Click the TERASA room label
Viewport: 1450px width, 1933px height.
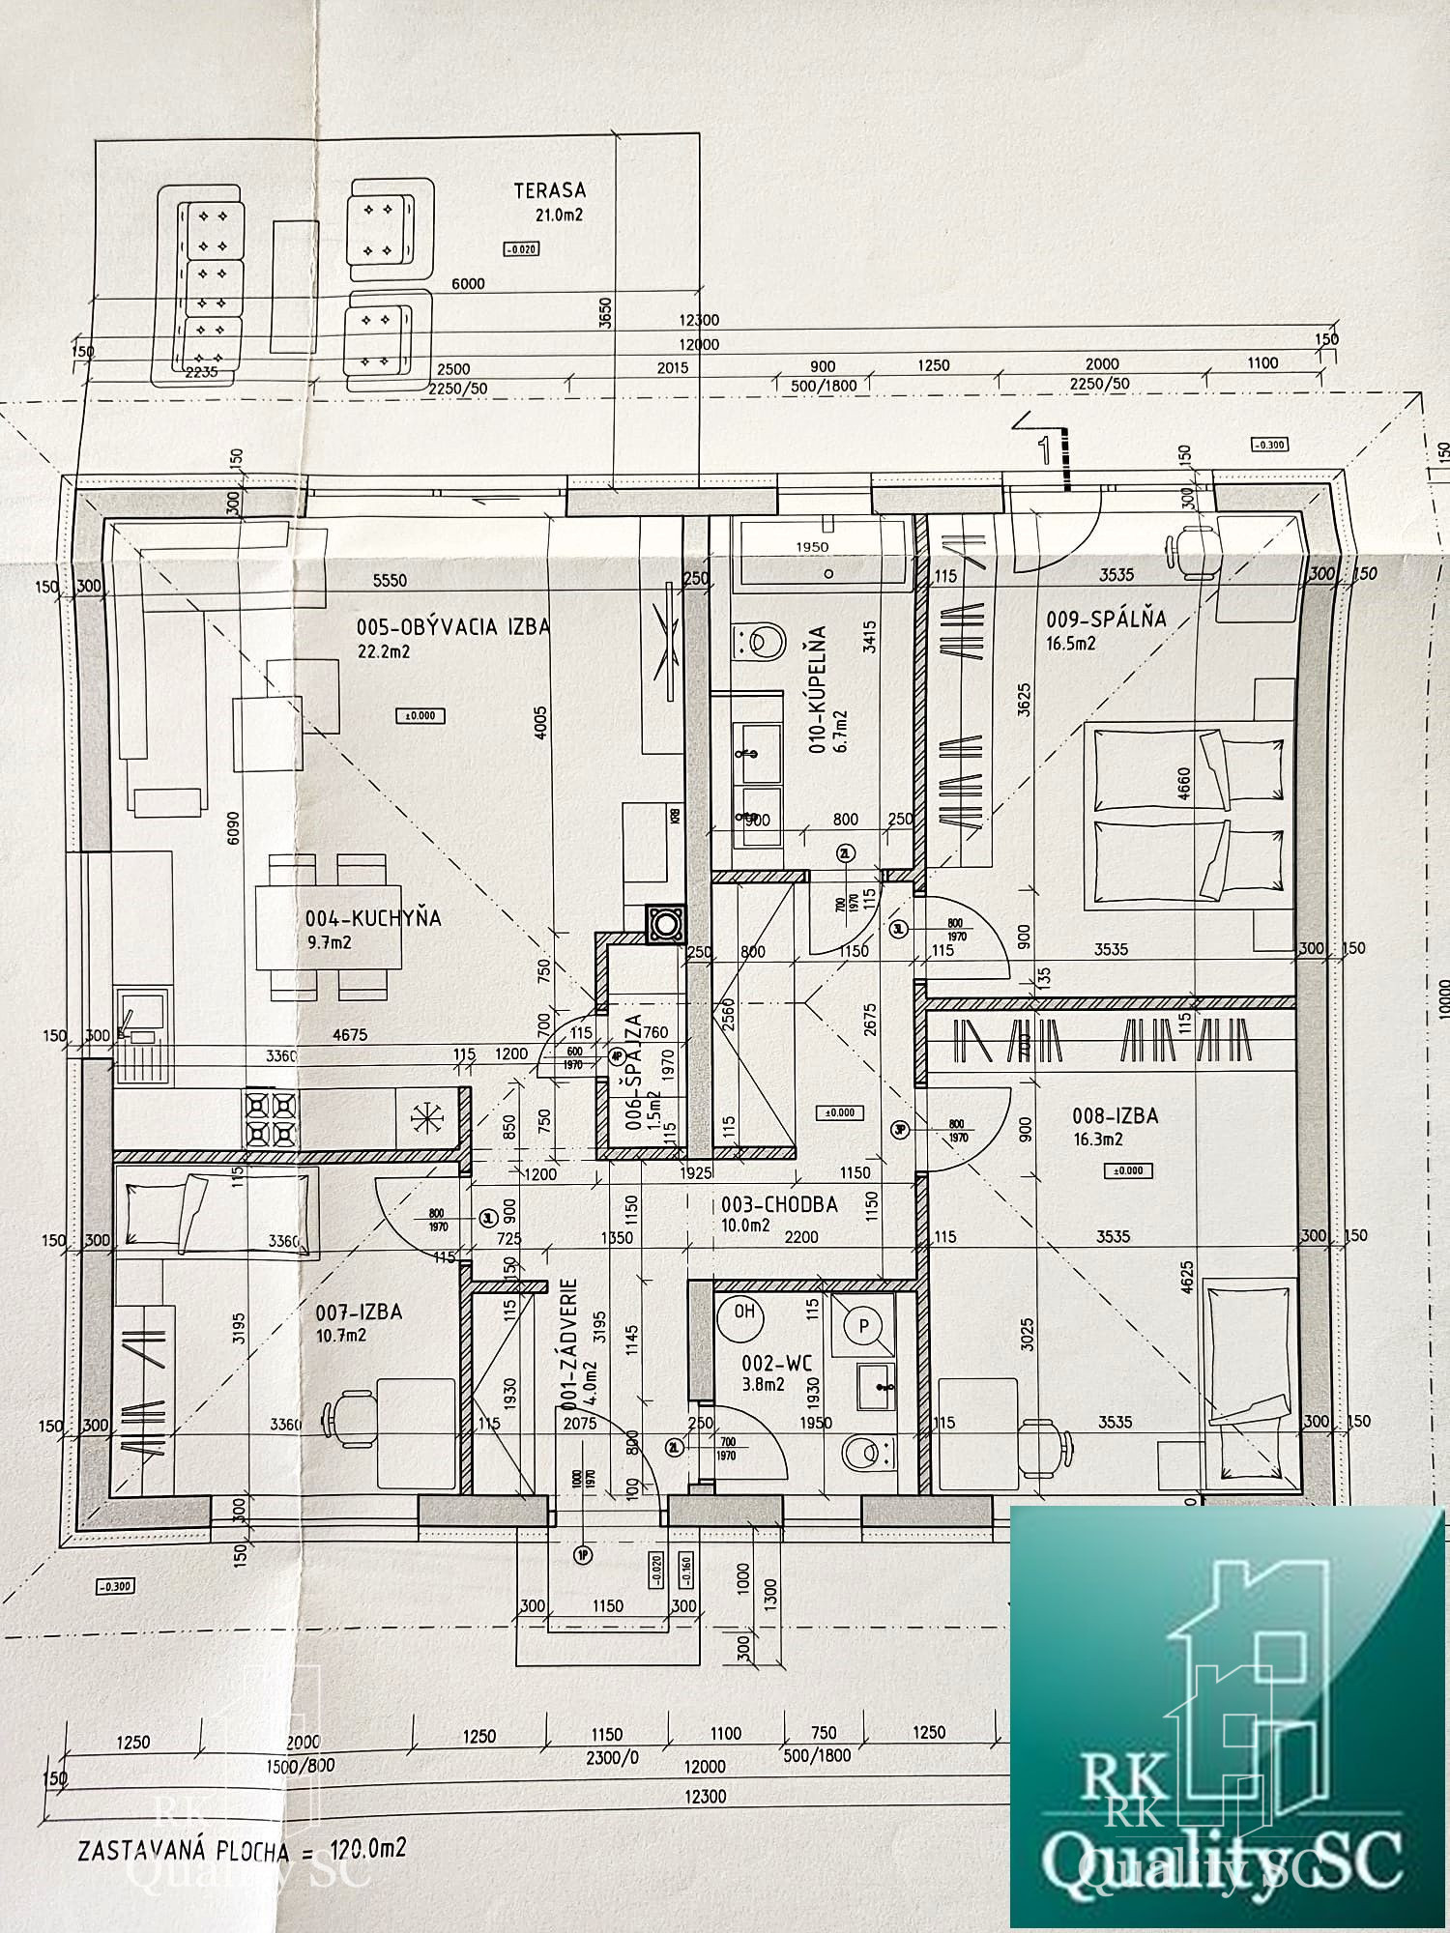[549, 190]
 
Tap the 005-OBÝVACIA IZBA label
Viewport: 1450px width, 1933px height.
[452, 627]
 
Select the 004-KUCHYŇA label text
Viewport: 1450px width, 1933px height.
[373, 918]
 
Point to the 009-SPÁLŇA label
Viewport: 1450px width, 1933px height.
[1106, 619]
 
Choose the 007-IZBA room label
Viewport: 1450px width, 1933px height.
[359, 1313]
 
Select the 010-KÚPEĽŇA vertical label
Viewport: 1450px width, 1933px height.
[818, 688]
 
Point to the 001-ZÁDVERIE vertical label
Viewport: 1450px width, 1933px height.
[569, 1343]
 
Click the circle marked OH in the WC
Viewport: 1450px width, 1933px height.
[743, 1313]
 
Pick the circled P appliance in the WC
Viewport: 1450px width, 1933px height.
[864, 1326]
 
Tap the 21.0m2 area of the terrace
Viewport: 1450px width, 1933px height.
[560, 216]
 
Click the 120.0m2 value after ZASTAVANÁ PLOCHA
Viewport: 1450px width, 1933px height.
[367, 1849]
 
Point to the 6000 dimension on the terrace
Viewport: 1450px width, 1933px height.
[468, 283]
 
